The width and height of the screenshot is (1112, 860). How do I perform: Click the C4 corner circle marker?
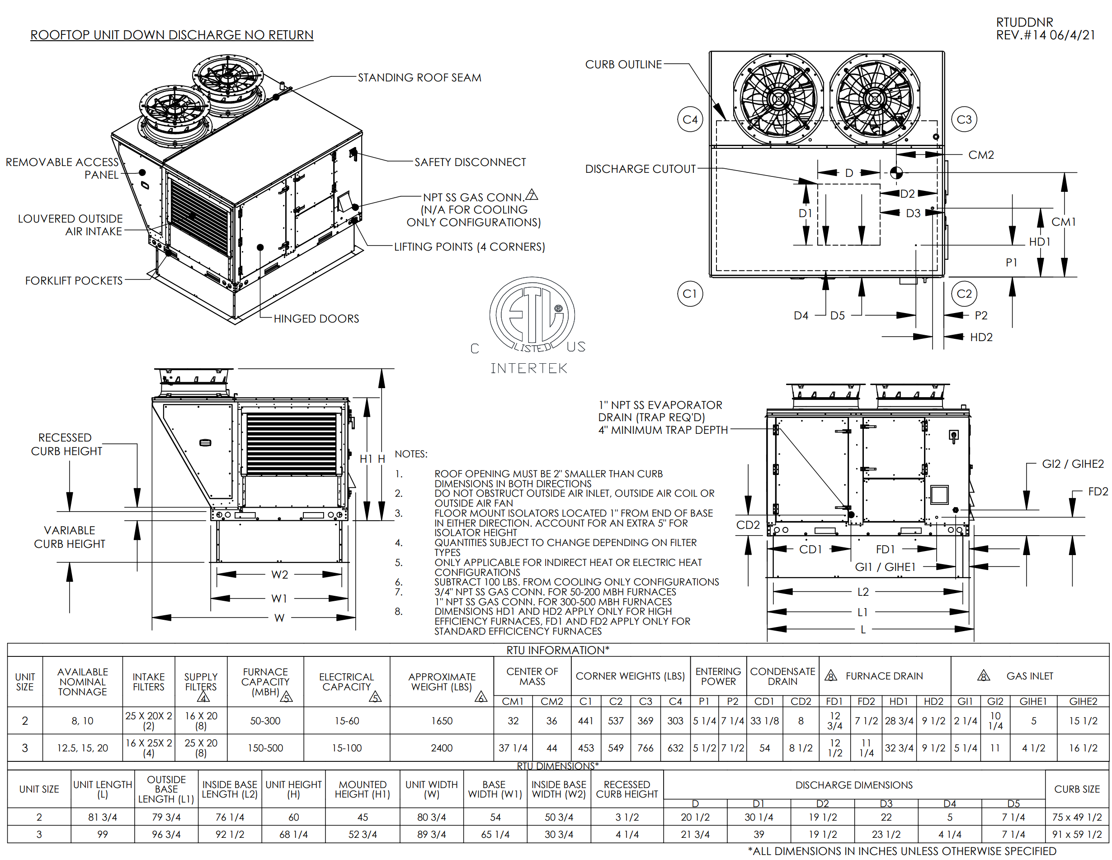(690, 119)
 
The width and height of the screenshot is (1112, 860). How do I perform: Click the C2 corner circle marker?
(964, 294)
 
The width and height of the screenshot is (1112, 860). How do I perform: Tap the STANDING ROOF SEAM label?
(419, 77)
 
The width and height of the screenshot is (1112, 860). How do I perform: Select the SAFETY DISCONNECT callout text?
(470, 162)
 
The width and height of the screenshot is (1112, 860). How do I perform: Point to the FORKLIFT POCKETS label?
(74, 281)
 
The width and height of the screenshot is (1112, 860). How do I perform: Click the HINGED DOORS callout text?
(316, 318)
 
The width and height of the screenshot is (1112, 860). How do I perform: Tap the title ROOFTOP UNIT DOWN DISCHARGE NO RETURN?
(172, 35)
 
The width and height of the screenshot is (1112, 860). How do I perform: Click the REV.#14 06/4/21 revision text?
(1045, 35)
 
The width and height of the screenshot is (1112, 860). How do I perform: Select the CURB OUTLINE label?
(623, 64)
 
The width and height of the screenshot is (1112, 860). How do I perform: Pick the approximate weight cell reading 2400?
(442, 748)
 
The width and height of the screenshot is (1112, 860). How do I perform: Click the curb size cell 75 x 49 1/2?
(1076, 817)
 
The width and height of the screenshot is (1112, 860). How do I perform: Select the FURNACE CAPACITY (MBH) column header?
(265, 682)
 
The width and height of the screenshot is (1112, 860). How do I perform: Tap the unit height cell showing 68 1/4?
(293, 835)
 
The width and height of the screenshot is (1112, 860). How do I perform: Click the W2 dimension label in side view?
(279, 575)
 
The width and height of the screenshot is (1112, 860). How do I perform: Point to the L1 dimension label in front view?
(862, 612)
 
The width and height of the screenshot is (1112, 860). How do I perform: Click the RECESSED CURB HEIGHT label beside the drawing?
(66, 444)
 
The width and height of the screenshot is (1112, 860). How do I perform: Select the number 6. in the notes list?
(399, 582)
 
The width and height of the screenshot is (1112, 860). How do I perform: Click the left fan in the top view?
(778, 98)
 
